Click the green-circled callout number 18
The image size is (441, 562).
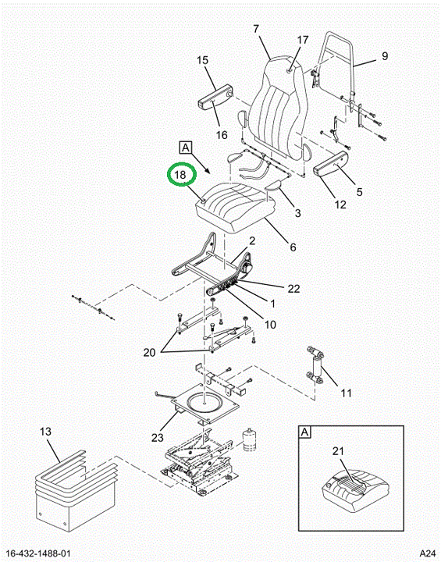180,175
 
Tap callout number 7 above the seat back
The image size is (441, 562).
256,29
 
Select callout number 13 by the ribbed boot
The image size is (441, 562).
46,432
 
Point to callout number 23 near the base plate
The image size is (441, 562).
158,438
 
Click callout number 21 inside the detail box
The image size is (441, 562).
338,451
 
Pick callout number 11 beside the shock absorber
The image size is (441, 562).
346,393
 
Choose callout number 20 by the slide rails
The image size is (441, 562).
150,353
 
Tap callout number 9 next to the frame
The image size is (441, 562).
385,56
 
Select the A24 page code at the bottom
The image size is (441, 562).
428,553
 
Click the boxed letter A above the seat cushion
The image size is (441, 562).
186,148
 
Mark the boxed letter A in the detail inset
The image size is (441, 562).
304,432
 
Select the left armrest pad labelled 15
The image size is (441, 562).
216,96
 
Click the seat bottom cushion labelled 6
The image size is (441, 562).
233,208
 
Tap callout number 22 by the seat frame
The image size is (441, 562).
293,289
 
